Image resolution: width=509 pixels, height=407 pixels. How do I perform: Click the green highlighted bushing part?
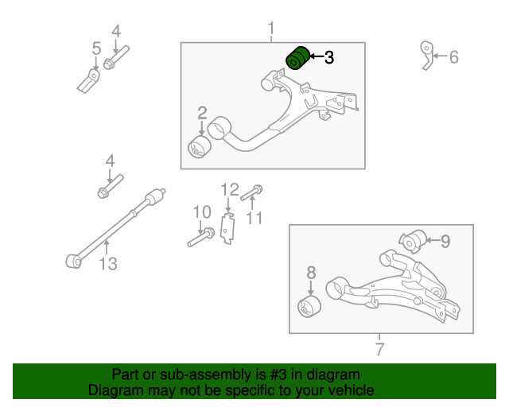[297, 58]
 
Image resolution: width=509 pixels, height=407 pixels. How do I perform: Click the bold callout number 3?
[329, 57]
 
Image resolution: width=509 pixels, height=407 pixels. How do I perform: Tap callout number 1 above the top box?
[271, 30]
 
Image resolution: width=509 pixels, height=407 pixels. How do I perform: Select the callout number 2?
[202, 113]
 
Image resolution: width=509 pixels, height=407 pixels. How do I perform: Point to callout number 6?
[454, 57]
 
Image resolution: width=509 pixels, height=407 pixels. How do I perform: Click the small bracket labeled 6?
[428, 56]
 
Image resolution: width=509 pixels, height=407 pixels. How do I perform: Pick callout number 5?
[96, 49]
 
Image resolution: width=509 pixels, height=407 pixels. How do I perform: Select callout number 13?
[108, 264]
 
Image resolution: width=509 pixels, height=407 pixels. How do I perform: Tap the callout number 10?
[202, 212]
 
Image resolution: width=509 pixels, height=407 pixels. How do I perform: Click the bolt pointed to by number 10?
[200, 236]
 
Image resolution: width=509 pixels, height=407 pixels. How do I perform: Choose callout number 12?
[230, 189]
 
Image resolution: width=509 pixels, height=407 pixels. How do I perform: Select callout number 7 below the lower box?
[379, 349]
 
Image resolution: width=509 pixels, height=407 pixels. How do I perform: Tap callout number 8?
[311, 274]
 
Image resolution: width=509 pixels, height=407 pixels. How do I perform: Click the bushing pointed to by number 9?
[413, 239]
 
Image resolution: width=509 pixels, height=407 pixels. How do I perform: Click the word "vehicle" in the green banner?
[348, 391]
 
